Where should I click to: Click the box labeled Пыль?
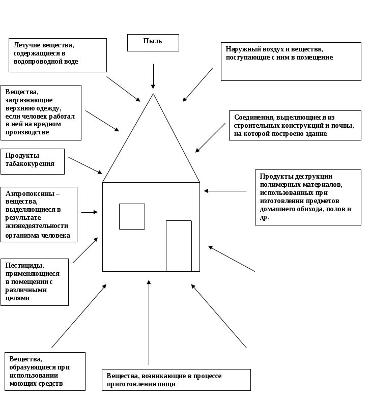point(153,43)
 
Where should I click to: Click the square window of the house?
point(132,216)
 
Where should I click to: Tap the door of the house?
point(179,246)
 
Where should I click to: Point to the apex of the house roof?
point(153,94)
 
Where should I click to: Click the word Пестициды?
point(24,265)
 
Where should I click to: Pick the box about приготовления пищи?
point(176,380)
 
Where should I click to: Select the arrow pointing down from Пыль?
point(153,76)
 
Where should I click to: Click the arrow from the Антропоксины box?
point(89,212)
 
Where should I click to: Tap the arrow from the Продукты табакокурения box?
point(85,165)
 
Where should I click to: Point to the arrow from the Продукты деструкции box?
point(225,191)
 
